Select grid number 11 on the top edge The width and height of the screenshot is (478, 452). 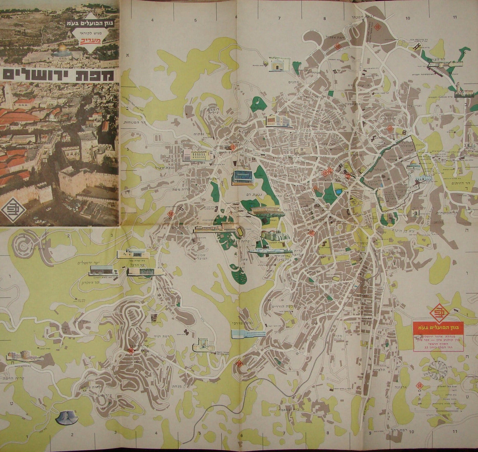[455, 17]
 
